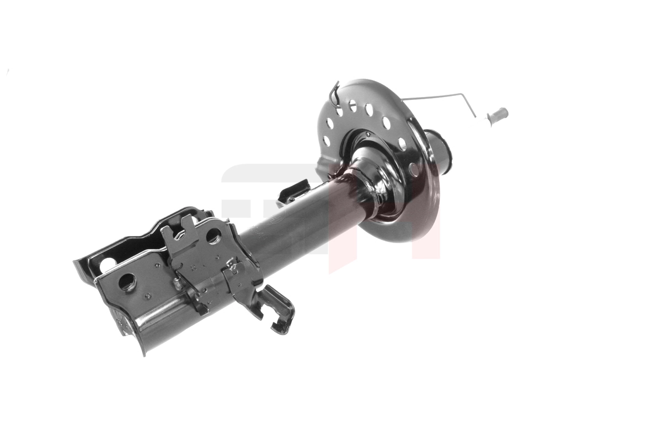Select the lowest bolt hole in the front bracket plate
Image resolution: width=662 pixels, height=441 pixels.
(126, 282)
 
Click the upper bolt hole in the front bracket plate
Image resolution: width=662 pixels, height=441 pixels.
(213, 235)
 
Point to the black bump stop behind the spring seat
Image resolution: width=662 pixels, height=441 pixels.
(441, 149)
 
